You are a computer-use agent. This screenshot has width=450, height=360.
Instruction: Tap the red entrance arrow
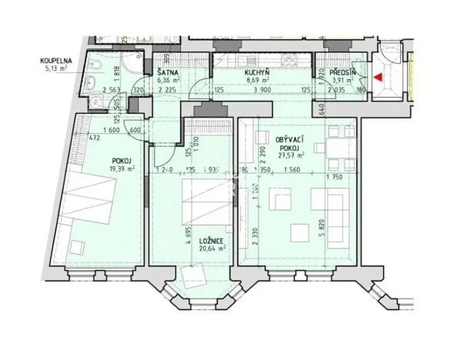377,77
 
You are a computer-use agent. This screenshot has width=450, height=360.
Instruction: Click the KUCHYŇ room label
257,72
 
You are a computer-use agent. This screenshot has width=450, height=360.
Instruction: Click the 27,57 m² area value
292,155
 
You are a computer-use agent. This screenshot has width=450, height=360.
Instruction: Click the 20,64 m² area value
202,248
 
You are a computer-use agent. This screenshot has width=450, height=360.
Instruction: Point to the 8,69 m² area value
257,79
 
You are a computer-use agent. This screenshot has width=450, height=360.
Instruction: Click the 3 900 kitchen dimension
262,89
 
